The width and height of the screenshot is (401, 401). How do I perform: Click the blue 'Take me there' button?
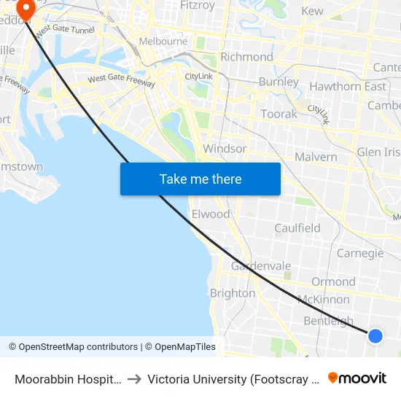click(200, 179)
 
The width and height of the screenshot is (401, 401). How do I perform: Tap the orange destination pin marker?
click(26, 9)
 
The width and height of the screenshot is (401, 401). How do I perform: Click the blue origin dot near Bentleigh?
click(375, 335)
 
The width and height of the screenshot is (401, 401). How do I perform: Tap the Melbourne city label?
click(163, 42)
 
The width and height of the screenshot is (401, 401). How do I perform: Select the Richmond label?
click(246, 57)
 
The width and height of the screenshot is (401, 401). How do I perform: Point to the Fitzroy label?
click(197, 6)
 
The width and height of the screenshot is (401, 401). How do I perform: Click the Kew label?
click(312, 11)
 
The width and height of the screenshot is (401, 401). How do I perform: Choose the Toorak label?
click(279, 114)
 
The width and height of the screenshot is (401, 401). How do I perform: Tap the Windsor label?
click(225, 149)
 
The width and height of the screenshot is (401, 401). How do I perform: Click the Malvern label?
click(316, 157)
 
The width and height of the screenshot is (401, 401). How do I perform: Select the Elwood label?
click(211, 214)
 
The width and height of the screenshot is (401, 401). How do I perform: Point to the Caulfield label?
click(297, 228)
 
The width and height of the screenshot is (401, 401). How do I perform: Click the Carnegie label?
click(360, 254)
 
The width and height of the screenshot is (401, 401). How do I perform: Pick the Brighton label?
click(233, 293)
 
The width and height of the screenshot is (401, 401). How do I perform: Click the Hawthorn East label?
click(348, 87)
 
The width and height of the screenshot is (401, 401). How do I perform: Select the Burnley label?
click(279, 82)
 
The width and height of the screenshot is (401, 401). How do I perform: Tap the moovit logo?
click(357, 378)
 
